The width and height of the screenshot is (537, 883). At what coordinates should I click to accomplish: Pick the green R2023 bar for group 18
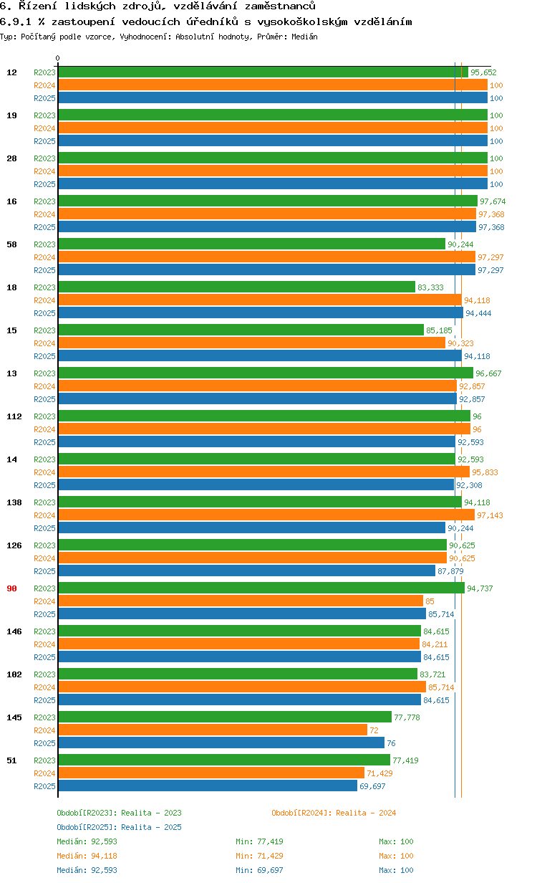point(236,287)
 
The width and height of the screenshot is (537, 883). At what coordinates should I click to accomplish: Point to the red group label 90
point(11,588)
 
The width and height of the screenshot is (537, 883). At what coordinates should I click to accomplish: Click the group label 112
point(14,416)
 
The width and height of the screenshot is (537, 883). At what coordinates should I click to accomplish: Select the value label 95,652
point(483,72)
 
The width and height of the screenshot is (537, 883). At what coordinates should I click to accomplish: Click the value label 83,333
point(430,287)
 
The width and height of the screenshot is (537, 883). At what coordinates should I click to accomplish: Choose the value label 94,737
point(480,588)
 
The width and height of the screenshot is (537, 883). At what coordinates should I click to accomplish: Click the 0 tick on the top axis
point(58,59)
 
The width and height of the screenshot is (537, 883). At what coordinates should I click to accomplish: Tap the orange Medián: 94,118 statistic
point(87,856)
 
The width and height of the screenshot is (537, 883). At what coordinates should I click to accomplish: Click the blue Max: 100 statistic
point(396,870)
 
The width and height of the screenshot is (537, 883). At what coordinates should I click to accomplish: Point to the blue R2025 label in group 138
point(44,528)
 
